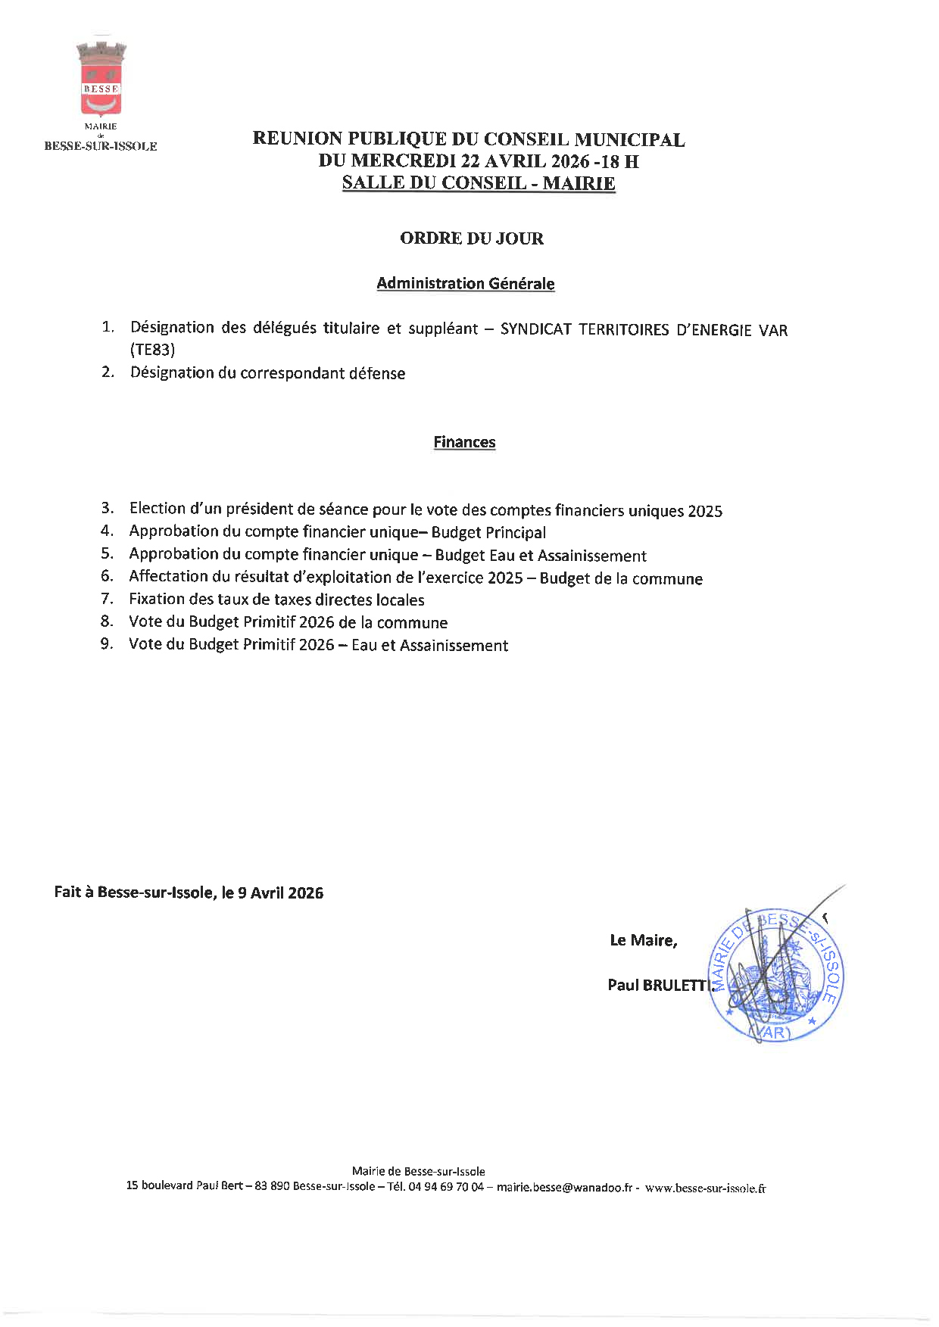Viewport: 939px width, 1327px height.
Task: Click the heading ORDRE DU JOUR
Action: click(471, 238)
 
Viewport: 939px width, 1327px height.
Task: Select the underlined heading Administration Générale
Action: click(465, 284)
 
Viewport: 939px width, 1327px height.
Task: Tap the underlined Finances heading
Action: click(464, 442)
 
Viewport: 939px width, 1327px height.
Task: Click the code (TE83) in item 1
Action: click(152, 350)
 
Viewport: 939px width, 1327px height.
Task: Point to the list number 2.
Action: click(108, 372)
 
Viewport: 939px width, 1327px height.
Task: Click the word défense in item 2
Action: click(376, 373)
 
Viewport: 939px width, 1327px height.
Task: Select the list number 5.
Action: click(108, 554)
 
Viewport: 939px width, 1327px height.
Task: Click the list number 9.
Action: click(107, 645)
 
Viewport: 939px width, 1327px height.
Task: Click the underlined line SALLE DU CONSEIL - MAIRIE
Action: click(478, 183)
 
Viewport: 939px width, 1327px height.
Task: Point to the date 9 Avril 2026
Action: click(280, 893)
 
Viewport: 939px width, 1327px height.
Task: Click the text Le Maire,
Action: click(643, 940)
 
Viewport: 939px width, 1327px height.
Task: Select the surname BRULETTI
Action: click(678, 985)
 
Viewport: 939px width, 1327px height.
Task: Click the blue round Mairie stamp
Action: click(776, 976)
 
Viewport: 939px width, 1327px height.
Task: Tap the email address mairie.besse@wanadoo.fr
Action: click(563, 1188)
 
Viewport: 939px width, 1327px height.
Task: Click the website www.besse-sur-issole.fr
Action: click(705, 1188)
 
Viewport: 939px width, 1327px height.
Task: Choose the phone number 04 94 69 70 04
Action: click(445, 1187)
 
